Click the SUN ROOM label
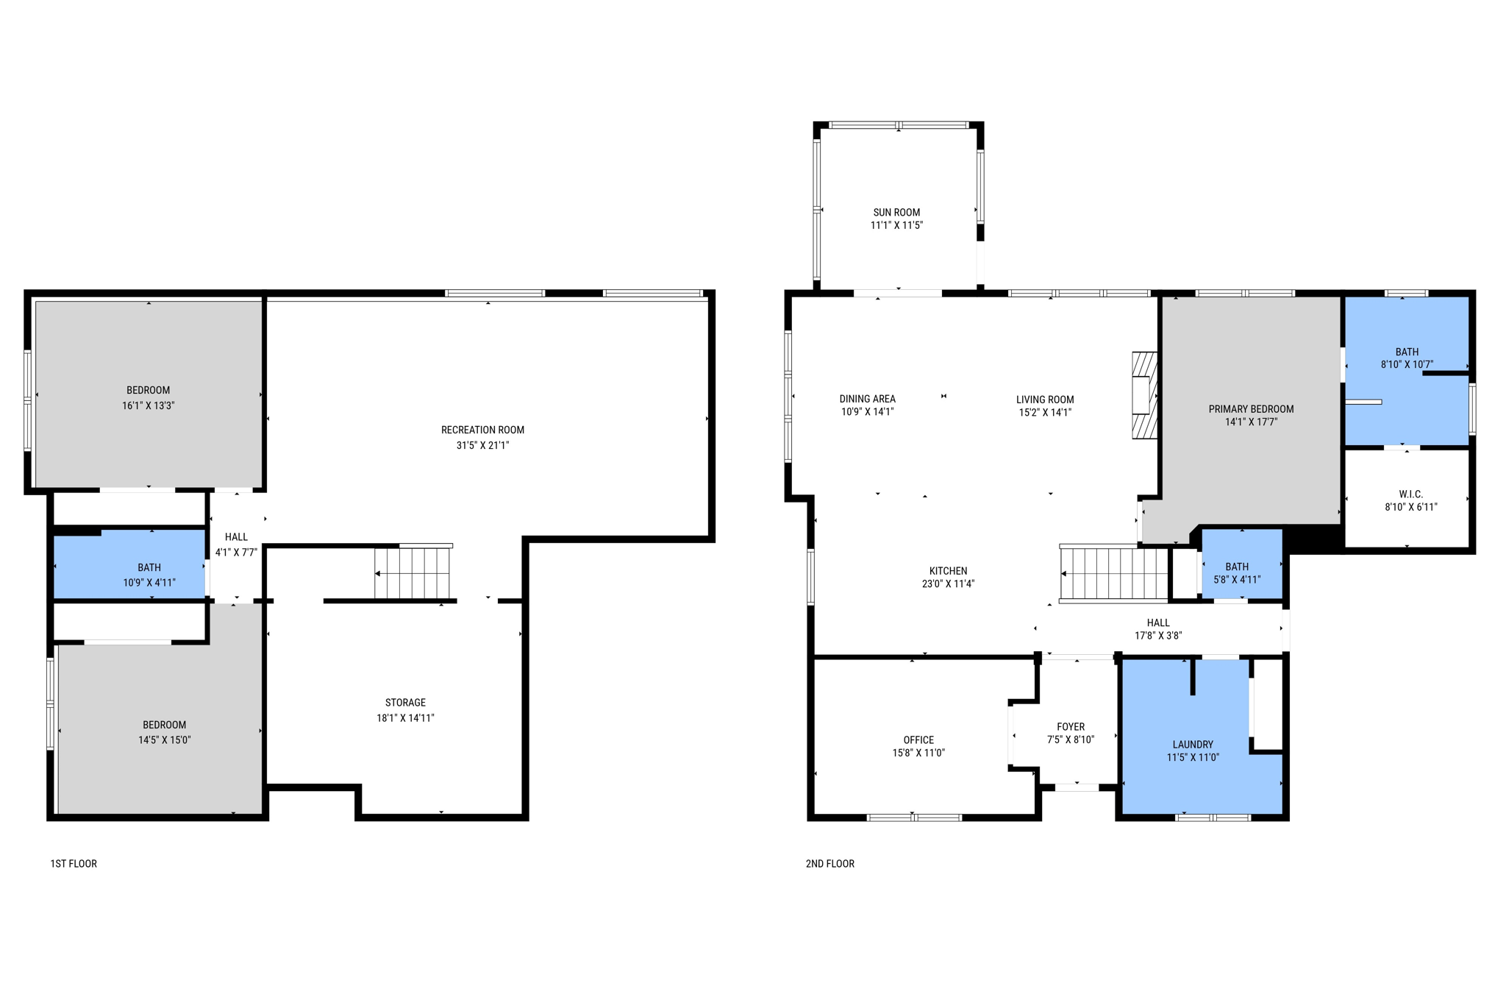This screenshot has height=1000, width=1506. click(896, 213)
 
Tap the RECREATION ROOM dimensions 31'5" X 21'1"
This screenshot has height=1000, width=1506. click(482, 445)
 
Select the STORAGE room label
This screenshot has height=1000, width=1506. click(405, 703)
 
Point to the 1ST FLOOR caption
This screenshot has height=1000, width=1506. click(74, 864)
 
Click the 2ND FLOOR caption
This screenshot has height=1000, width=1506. click(829, 864)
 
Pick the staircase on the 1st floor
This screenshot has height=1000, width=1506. click(412, 573)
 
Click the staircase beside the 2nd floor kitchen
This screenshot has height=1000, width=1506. click(1113, 573)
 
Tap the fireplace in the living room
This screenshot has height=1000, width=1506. click(1143, 395)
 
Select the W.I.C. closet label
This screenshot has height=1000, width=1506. click(1410, 494)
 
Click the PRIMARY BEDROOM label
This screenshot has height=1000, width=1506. click(1251, 409)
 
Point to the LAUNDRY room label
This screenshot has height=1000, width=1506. click(1193, 745)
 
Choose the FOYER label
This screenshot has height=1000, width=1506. click(1071, 727)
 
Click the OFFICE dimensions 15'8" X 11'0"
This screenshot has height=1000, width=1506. click(918, 753)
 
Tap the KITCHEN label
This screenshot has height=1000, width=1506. click(948, 571)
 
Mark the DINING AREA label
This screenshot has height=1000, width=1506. click(867, 399)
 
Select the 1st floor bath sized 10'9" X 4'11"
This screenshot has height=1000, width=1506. click(149, 575)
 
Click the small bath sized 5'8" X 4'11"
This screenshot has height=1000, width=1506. click(1237, 572)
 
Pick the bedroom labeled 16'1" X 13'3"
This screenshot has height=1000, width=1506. click(148, 397)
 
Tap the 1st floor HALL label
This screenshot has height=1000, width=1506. click(236, 537)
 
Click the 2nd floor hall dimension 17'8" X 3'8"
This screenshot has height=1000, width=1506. click(1157, 636)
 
